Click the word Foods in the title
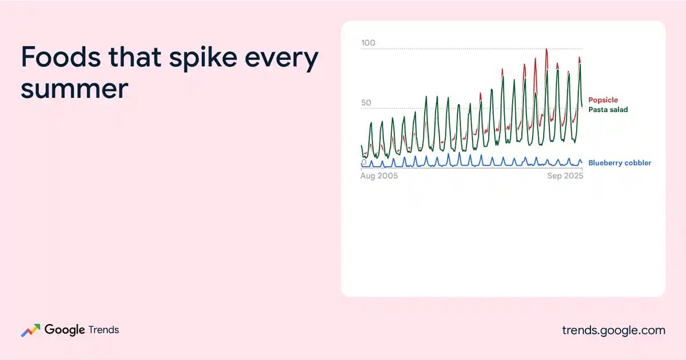click(x=61, y=57)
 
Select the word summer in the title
click(x=74, y=89)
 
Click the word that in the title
click(x=135, y=57)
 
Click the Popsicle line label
click(x=603, y=100)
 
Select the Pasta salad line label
click(x=608, y=110)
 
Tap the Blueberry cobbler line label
click(x=620, y=163)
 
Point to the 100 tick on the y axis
click(x=368, y=43)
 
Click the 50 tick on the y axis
click(x=366, y=102)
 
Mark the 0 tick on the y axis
click(x=364, y=162)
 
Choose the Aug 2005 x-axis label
click(x=379, y=176)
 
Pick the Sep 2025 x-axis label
click(x=565, y=176)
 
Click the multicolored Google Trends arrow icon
click(x=31, y=330)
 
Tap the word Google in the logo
click(x=65, y=330)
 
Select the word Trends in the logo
click(x=103, y=330)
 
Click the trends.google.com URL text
click(x=614, y=331)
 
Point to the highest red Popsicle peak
click(x=547, y=49)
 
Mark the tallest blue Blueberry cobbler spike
click(x=459, y=153)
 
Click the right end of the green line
click(x=582, y=106)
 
